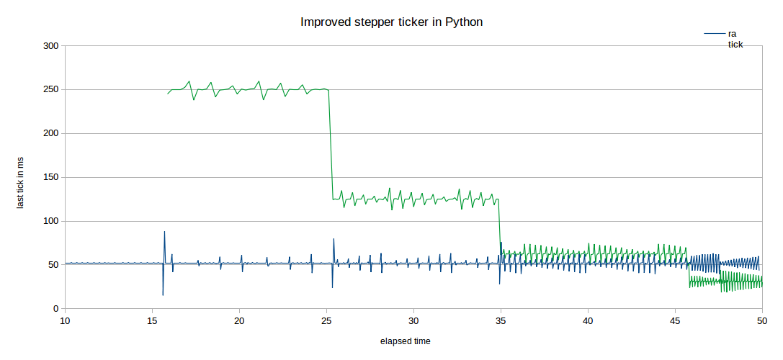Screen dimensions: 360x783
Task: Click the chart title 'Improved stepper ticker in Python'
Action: pos(391,22)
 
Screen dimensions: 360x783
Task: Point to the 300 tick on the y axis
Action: pos(51,46)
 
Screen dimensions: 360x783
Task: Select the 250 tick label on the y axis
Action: pos(51,90)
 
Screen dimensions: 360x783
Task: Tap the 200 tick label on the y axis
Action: pos(51,134)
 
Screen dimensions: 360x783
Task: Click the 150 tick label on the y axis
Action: pos(51,178)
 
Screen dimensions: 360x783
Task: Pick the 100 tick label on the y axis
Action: pos(51,221)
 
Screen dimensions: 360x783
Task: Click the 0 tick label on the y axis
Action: pos(55,309)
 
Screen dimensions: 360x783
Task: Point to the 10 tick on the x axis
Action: pos(65,320)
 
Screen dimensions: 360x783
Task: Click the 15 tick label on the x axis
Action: pos(152,320)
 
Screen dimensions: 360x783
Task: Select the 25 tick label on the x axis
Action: pos(326,320)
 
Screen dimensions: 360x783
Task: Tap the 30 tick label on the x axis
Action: pos(413,320)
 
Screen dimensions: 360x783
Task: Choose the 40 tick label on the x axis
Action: pos(588,320)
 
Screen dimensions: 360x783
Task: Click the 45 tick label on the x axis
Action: pos(675,320)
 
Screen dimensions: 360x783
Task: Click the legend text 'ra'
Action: pos(733,34)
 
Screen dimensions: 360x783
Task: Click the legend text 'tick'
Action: pos(735,45)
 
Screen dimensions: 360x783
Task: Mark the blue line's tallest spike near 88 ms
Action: pos(164,232)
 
